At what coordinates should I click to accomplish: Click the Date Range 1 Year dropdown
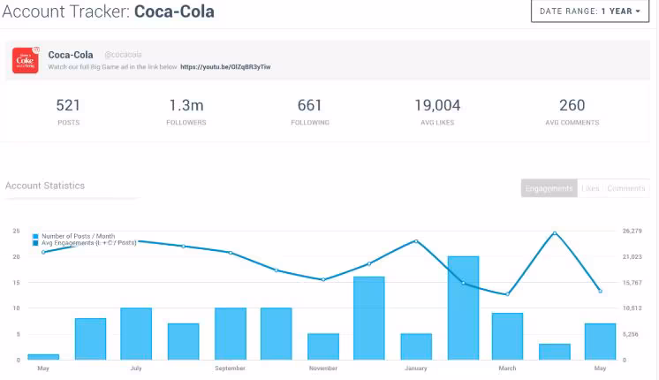[591, 11]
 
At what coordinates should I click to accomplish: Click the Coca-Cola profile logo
[25, 60]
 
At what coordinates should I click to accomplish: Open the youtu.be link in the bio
[225, 67]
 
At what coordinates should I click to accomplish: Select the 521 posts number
[68, 106]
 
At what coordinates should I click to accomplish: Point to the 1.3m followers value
[186, 106]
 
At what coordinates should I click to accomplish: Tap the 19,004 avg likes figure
[437, 106]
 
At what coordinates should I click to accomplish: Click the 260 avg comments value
[572, 106]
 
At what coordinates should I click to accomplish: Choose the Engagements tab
[549, 188]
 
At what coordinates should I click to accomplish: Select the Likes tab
[591, 188]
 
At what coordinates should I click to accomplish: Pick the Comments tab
[625, 188]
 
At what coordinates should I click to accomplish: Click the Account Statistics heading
[45, 186]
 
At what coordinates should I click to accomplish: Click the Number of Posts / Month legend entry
[78, 236]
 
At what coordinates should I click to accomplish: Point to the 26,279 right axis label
[631, 232]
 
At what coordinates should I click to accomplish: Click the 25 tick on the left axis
[16, 232]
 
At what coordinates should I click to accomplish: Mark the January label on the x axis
[416, 368]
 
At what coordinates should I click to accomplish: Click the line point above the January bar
[415, 241]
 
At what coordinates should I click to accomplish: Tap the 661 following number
[310, 106]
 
